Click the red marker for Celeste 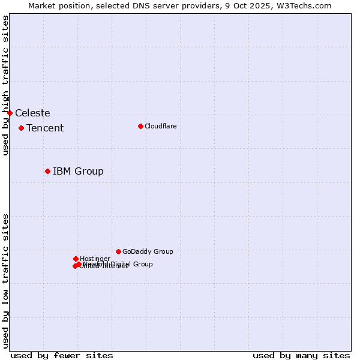[10, 113]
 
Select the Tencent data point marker [21, 128]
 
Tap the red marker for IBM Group [47, 171]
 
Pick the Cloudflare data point [140, 126]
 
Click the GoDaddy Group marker [118, 251]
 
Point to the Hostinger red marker [76, 259]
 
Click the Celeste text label [32, 113]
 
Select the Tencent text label [45, 128]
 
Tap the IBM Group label [78, 171]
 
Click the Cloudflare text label [160, 126]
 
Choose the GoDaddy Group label [148, 251]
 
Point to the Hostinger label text [95, 259]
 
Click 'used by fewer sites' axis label [62, 355]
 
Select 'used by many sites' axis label [301, 355]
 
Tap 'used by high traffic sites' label [5, 85]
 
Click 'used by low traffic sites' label [5, 280]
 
